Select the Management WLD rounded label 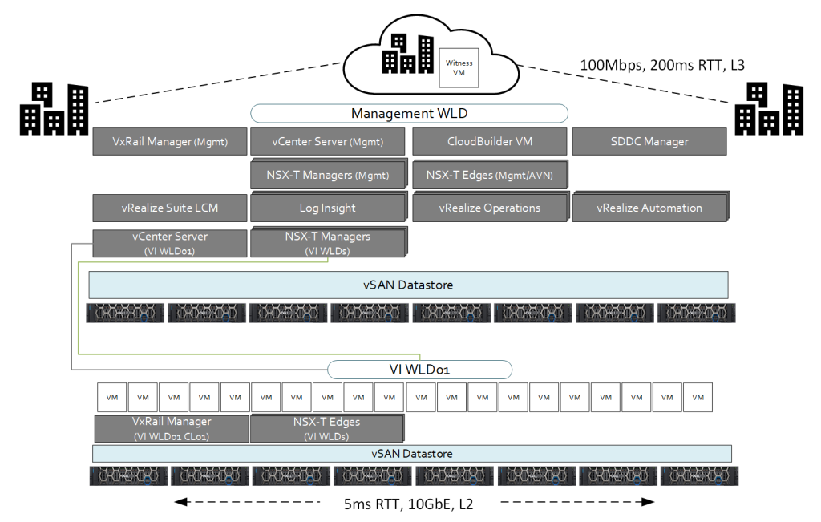[409, 114]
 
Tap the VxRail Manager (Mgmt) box [170, 142]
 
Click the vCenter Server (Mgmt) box [327, 142]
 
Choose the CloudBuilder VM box [490, 142]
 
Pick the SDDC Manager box [649, 142]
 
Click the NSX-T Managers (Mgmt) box [327, 174]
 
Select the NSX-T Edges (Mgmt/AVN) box [489, 174]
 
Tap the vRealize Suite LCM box [170, 208]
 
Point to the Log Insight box [327, 208]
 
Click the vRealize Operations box [489, 208]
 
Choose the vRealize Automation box [649, 208]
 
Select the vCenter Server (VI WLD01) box [170, 243]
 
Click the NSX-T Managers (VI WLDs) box [327, 243]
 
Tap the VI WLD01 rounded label [419, 370]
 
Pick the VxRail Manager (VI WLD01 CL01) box [172, 428]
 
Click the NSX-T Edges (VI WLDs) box [327, 428]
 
